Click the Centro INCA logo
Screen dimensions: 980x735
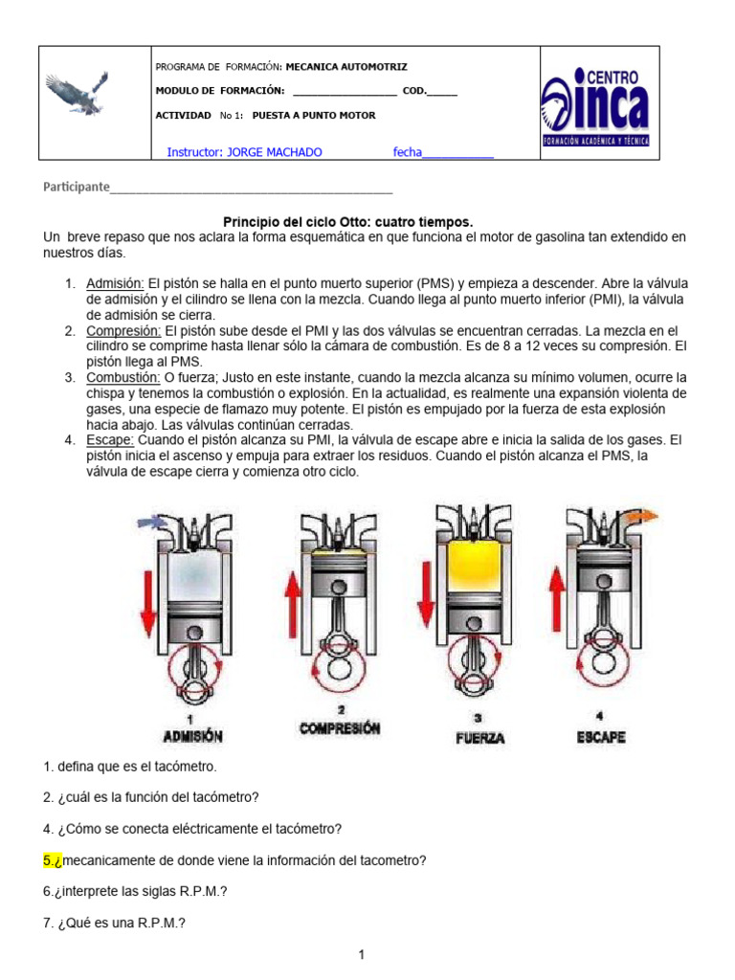tap(594, 103)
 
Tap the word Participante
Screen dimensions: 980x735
tap(77, 187)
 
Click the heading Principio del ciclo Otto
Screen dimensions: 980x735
tap(348, 220)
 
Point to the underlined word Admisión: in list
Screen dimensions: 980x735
tap(115, 284)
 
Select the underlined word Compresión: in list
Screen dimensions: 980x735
tap(122, 330)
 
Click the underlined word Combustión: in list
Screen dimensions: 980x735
tap(122, 377)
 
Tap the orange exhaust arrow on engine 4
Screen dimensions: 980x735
tap(643, 516)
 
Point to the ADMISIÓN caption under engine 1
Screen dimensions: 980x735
tap(192, 736)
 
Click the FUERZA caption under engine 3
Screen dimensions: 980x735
tap(479, 738)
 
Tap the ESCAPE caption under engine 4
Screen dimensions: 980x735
tap(601, 737)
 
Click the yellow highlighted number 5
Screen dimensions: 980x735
tap(52, 860)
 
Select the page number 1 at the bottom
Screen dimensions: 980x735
tap(362, 954)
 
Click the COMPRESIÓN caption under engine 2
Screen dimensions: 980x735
tap(339, 728)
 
